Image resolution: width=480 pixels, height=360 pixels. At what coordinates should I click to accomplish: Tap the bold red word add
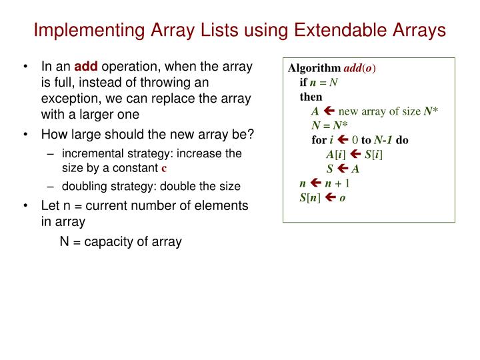point(85,67)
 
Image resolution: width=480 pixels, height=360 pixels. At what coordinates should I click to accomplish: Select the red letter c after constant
point(163,168)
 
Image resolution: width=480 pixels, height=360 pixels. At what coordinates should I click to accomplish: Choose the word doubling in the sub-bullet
point(85,187)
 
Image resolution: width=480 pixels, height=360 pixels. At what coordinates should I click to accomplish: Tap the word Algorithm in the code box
point(314,69)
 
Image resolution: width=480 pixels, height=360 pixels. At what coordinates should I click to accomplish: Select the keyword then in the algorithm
point(311,97)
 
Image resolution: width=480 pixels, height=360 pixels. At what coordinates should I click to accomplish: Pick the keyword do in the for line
point(402,140)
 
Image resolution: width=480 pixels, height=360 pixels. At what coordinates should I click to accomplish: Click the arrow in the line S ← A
point(343,169)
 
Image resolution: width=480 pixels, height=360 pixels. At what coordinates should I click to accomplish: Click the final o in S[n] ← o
point(342,197)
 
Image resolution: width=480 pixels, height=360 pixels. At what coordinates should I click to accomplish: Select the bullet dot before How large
point(25,134)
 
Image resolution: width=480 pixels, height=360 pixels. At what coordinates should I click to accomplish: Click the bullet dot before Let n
point(25,206)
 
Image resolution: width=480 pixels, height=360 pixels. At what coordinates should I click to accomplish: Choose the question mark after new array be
point(251,134)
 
